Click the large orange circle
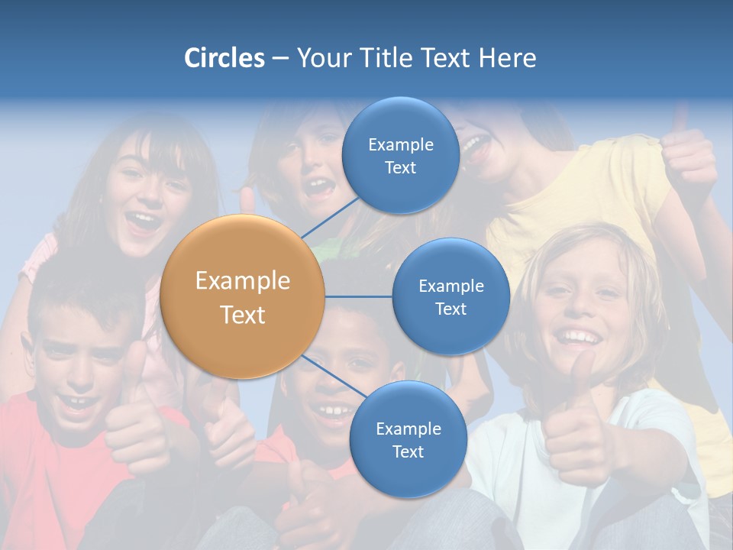click(243, 296)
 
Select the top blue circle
click(400, 155)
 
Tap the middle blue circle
click(450, 296)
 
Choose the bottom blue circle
click(408, 439)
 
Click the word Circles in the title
click(224, 58)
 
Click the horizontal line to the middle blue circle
click(359, 296)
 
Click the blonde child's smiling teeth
click(578, 337)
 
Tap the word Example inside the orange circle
click(243, 281)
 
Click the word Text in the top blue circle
click(400, 167)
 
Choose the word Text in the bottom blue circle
click(408, 451)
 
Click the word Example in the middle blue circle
click(450, 286)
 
